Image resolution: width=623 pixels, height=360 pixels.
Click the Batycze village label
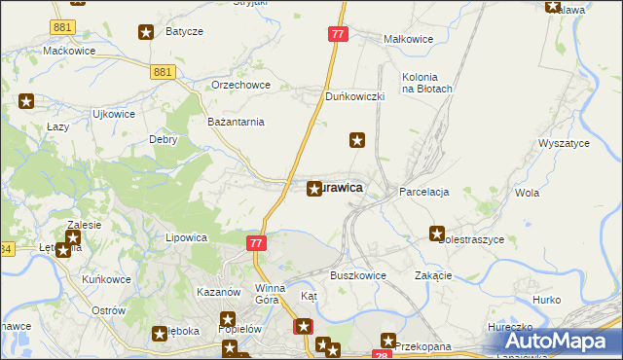pyautogui.click(x=184, y=31)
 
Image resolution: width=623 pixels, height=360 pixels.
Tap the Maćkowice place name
pyautogui.click(x=67, y=50)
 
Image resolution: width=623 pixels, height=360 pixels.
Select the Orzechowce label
pyautogui.click(x=240, y=85)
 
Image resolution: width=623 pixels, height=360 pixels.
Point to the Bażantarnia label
pyautogui.click(x=237, y=122)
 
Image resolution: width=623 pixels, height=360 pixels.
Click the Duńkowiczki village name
pyautogui.click(x=355, y=97)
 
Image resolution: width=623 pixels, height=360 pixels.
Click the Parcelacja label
pyautogui.click(x=424, y=193)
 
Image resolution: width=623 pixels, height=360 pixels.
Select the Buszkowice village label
pyautogui.click(x=358, y=275)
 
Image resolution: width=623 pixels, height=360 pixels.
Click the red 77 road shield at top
pyautogui.click(x=338, y=34)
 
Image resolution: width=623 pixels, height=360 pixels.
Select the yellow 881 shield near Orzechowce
pyautogui.click(x=163, y=72)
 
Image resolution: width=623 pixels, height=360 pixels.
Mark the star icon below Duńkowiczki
pyautogui.click(x=357, y=141)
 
